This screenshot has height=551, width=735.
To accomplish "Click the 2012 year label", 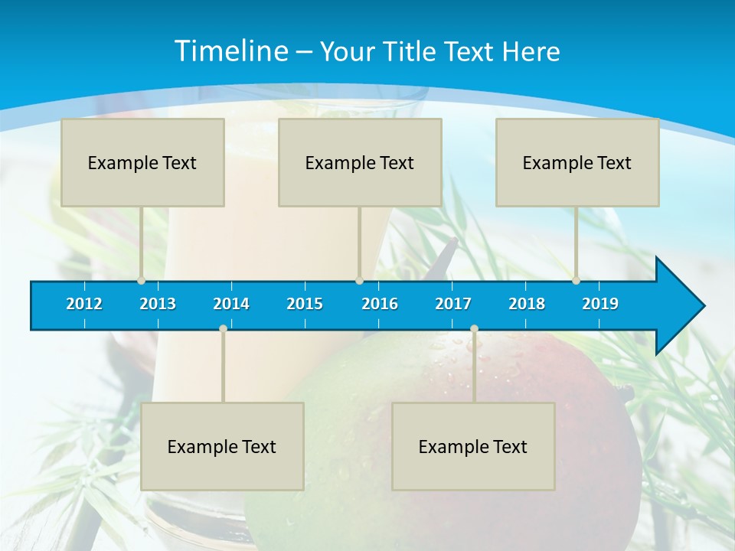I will point(84,304).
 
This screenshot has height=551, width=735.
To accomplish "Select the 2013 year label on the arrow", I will point(158,304).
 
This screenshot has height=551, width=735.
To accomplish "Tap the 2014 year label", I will point(231,304).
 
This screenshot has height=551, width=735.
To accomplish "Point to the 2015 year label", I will point(305,304).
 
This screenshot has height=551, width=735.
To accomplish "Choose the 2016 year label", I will point(380,304).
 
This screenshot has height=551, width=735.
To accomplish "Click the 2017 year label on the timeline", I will point(453,304).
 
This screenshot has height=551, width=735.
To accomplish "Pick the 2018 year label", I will point(527,304).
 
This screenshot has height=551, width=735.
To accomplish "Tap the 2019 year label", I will point(600,304).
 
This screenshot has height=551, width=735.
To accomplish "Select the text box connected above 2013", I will point(142,162).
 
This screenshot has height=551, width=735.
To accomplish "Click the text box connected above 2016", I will point(360,162).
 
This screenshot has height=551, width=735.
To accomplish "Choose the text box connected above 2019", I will point(577,162).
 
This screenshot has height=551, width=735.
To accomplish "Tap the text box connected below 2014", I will point(222,446).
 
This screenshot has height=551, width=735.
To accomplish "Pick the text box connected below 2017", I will point(473,446).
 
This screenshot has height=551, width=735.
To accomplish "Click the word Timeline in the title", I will point(230,51).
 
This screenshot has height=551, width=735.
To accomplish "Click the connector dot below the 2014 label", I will point(223,328).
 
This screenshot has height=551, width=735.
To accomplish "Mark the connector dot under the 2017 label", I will point(474,328).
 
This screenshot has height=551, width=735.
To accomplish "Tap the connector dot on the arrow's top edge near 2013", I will point(142,280).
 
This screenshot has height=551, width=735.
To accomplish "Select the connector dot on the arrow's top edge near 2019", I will point(576,280).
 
